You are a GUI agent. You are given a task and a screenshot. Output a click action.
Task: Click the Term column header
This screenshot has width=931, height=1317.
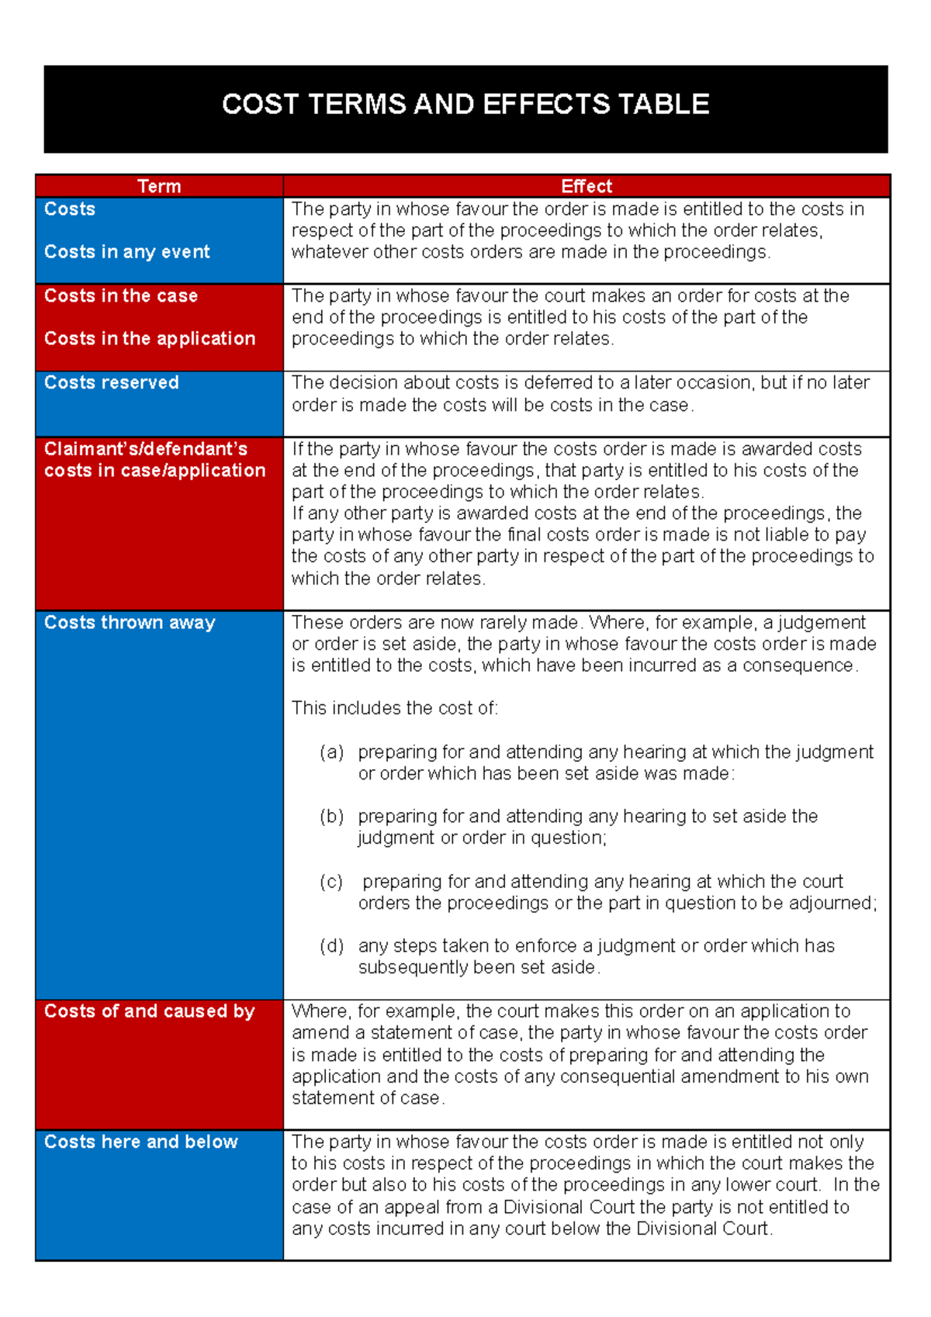[159, 187]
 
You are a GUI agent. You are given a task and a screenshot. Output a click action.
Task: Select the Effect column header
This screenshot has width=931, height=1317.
[587, 187]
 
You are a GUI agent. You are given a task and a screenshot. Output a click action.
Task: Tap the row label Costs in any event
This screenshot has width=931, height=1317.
[127, 252]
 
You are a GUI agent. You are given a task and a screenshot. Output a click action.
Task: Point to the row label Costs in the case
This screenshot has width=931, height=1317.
[121, 296]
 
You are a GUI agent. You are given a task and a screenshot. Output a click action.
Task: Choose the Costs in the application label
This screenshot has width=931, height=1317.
[150, 339]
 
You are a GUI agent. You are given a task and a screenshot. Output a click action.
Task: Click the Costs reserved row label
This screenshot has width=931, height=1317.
[112, 383]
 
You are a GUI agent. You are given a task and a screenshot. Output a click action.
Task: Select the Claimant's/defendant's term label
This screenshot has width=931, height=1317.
[146, 450]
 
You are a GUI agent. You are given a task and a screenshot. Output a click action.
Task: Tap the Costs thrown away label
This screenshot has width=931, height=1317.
[130, 623]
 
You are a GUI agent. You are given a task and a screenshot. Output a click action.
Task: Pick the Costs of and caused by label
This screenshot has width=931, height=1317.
[150, 1011]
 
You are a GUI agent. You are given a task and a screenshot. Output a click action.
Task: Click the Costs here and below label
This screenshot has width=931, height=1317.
[141, 1142]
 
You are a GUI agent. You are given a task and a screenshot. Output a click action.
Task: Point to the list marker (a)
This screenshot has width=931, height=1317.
[332, 752]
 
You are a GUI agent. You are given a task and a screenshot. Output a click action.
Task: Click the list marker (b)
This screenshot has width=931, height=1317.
[332, 817]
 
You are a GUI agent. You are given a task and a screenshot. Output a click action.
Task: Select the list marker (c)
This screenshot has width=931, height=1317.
[332, 882]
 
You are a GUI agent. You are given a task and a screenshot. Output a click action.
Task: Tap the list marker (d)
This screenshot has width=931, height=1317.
[332, 946]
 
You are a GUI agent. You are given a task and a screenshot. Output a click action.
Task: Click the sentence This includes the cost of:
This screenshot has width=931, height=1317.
[395, 709]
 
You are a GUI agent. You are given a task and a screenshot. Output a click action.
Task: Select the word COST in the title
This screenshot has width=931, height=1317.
[260, 105]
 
